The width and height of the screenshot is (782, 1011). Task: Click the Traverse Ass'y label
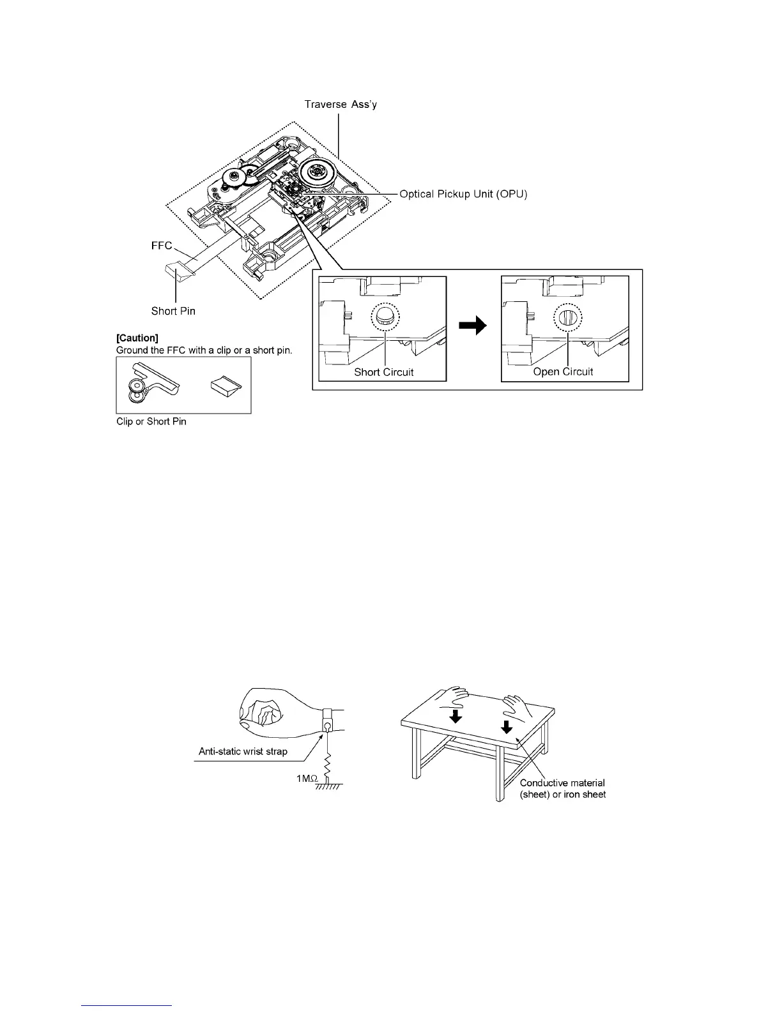tap(340, 104)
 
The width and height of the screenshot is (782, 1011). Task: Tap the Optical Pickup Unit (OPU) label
tap(463, 193)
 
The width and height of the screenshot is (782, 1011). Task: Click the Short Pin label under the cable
tap(173, 311)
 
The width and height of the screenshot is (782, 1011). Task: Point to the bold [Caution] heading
tap(137, 338)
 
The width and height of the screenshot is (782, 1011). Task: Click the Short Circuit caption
tap(384, 372)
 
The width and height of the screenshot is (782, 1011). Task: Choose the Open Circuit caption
tap(563, 372)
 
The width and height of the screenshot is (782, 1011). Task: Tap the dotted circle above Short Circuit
tap(384, 317)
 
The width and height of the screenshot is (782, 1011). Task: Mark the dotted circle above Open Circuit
tap(567, 317)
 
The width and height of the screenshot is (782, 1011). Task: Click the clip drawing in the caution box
tap(152, 384)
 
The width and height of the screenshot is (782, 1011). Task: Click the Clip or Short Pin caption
tap(151, 422)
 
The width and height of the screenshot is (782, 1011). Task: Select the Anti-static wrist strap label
tap(243, 751)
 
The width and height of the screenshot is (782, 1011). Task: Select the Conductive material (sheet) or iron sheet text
tap(562, 788)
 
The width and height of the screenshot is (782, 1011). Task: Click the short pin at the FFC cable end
tap(179, 273)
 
